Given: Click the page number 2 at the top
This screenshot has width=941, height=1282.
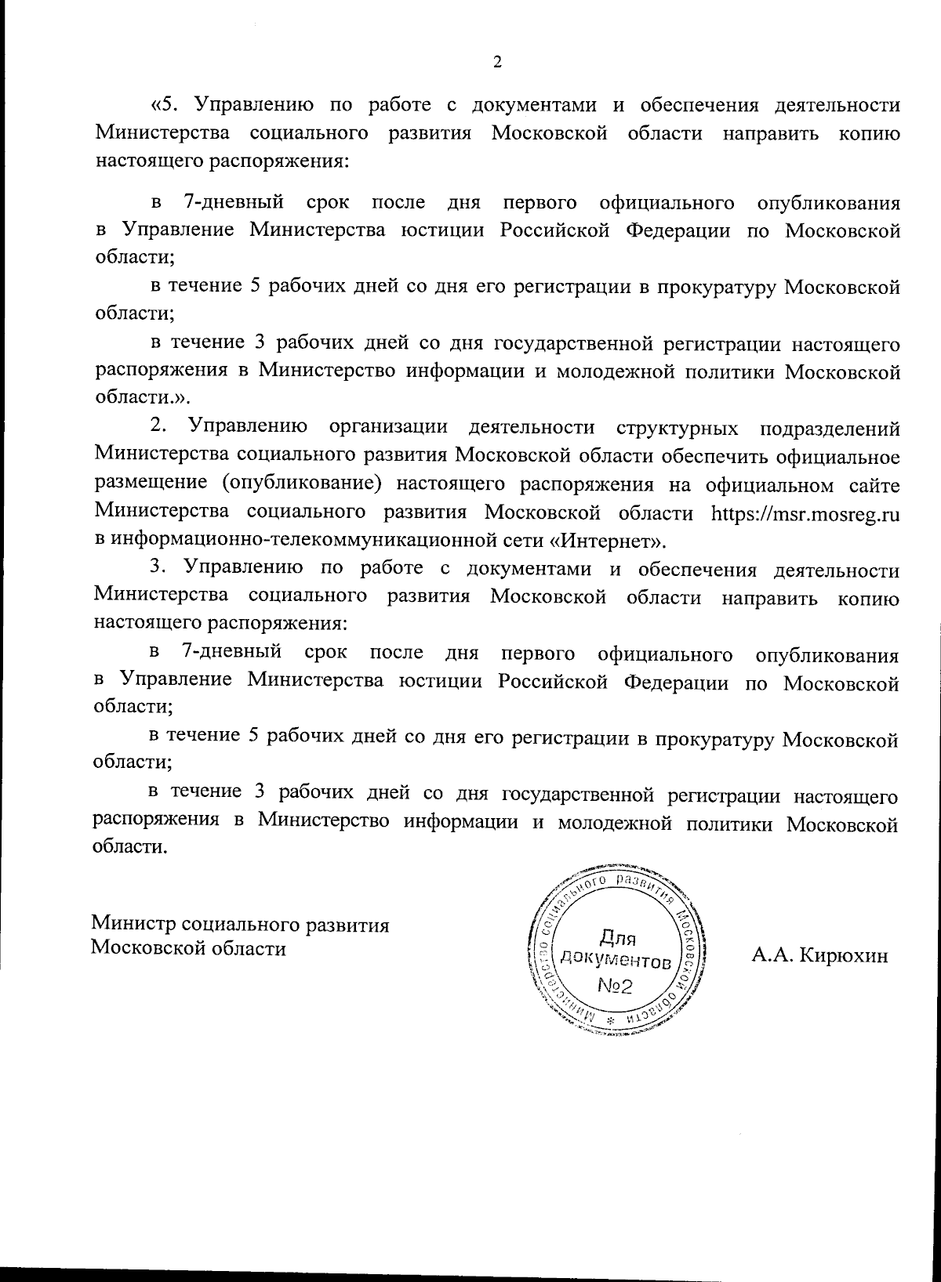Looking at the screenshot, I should (496, 63).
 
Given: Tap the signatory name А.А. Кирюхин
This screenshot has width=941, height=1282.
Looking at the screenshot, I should (819, 955).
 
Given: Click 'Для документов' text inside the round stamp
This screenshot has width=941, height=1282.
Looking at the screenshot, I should (616, 949).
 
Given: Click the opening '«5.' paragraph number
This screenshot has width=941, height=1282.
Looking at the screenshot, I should (167, 104).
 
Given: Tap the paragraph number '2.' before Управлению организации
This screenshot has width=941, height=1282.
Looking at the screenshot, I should (159, 427).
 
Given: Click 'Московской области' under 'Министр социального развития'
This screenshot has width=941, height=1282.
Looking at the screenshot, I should (189, 948).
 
